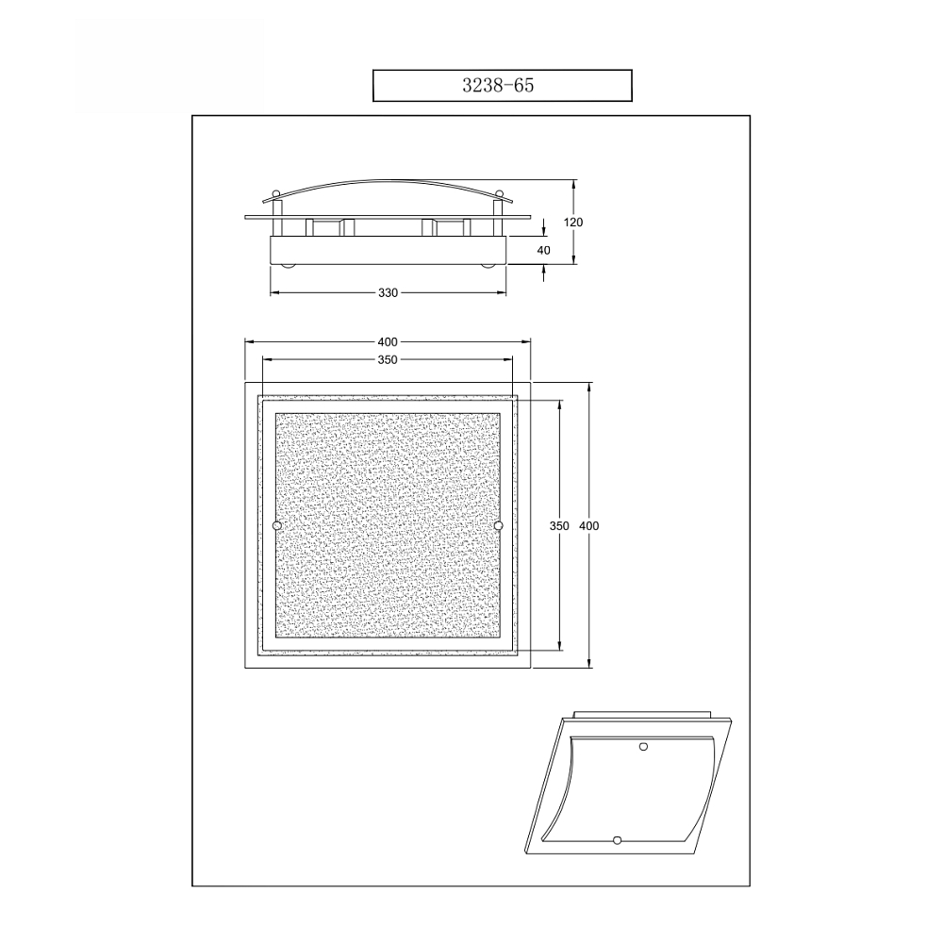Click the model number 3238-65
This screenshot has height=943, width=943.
tap(498, 86)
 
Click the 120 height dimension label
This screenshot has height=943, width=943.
tap(573, 223)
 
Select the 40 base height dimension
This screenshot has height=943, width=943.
tap(544, 250)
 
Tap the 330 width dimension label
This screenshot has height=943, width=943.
tap(388, 293)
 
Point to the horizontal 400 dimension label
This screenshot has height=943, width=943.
tap(388, 341)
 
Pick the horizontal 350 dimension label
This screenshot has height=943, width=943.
tap(388, 359)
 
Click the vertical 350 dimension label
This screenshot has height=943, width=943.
tap(559, 525)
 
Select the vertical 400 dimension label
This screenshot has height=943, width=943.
tap(589, 525)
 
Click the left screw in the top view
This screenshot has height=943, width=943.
tap(276, 525)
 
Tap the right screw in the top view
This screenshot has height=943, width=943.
tap(498, 525)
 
